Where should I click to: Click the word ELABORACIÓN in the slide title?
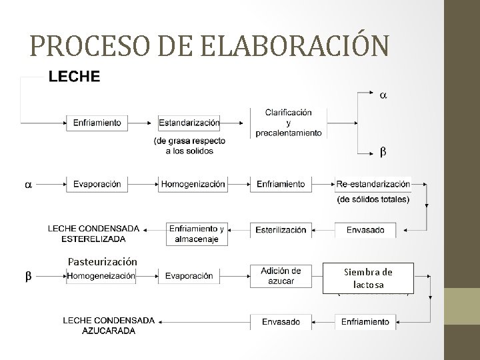293,45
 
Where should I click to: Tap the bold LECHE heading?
74,77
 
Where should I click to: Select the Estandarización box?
189,123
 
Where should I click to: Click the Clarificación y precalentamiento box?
288,123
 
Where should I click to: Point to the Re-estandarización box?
373,183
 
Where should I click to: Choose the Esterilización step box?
281,230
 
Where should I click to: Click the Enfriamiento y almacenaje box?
197,233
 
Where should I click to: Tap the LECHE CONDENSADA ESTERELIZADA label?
93,233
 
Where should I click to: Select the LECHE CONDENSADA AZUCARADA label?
108,325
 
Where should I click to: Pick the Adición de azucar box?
281,276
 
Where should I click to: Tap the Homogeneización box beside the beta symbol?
101,275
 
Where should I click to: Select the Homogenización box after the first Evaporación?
192,183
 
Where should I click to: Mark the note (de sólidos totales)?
373,199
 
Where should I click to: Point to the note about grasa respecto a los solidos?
189,146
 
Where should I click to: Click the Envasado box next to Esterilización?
365,230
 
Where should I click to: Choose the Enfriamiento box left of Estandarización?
97,123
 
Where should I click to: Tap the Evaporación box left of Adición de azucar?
189,275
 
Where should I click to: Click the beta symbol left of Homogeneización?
28,275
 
